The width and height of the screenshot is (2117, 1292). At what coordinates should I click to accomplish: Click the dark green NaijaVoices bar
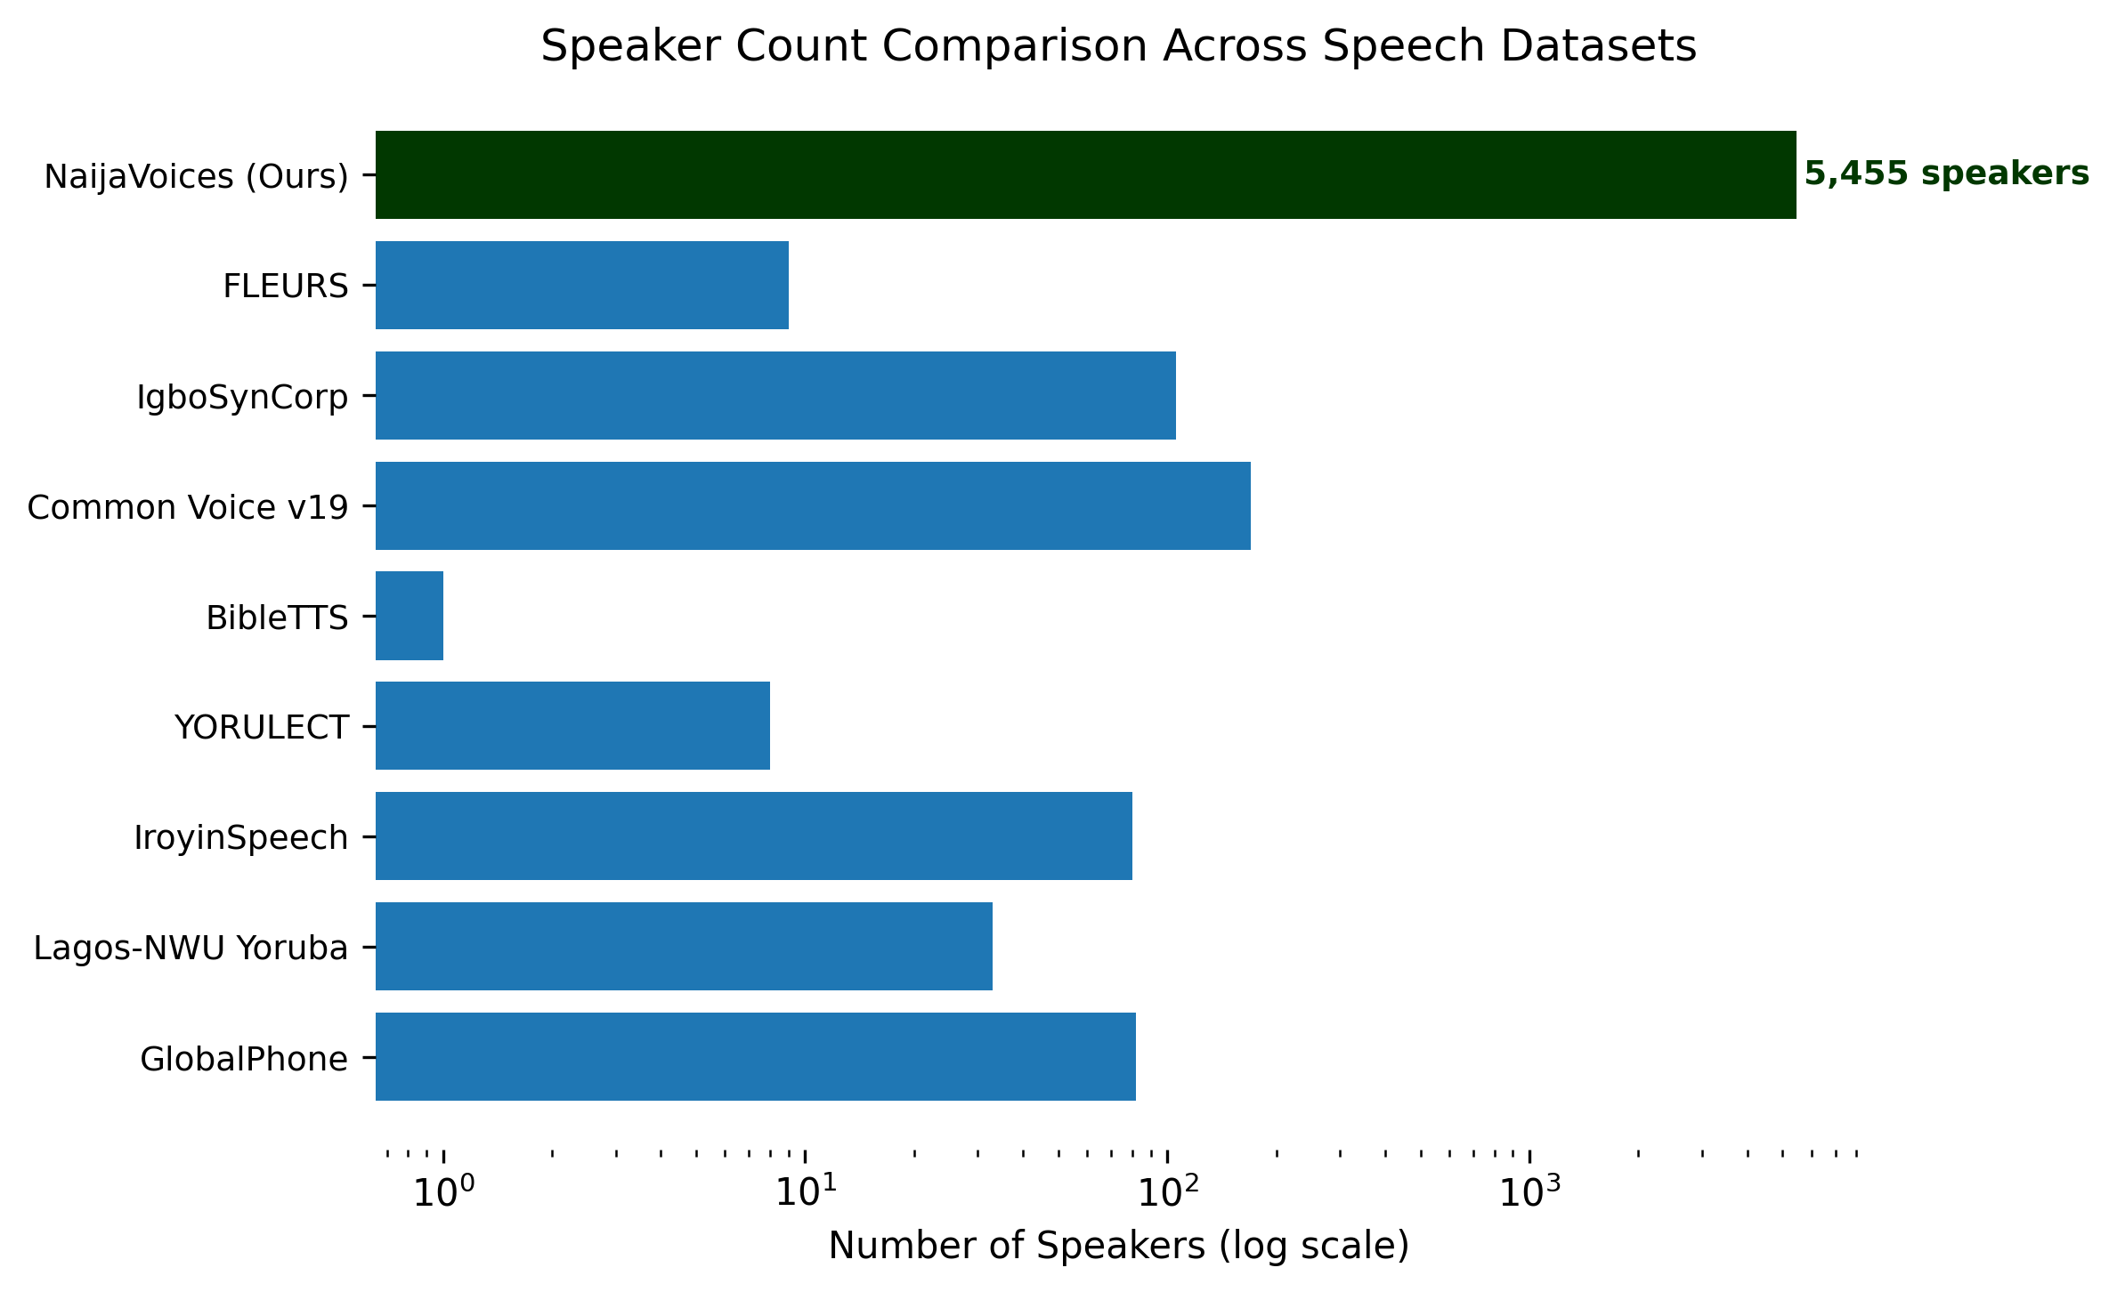click(x=1085, y=174)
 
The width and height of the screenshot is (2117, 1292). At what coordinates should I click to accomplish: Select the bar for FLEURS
click(x=582, y=285)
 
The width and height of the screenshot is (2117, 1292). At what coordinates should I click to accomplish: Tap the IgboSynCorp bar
click(x=775, y=395)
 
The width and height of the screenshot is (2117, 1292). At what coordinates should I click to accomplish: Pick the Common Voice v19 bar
click(x=813, y=505)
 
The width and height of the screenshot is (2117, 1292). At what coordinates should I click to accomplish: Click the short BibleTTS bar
click(x=410, y=616)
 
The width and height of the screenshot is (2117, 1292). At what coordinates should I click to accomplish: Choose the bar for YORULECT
click(x=572, y=726)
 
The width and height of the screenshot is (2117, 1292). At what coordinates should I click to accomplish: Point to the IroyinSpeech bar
click(x=754, y=836)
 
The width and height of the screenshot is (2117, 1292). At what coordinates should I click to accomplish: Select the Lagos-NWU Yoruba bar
click(x=684, y=947)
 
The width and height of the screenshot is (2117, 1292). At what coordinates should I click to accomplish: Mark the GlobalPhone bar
click(x=756, y=1057)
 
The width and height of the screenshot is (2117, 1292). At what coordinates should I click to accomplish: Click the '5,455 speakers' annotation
click(x=1947, y=174)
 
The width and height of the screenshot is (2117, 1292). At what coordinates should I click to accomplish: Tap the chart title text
click(x=1118, y=46)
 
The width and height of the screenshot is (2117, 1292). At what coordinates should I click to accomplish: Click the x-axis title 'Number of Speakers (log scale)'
click(x=1119, y=1246)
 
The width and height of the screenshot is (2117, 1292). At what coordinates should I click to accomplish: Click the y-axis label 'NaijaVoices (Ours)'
click(x=197, y=177)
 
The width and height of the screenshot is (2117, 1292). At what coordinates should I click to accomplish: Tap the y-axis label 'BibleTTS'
click(x=277, y=618)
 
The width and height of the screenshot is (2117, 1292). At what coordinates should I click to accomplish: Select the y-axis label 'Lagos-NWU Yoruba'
click(x=191, y=949)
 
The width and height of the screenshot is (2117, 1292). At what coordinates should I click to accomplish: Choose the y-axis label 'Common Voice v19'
click(x=188, y=507)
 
